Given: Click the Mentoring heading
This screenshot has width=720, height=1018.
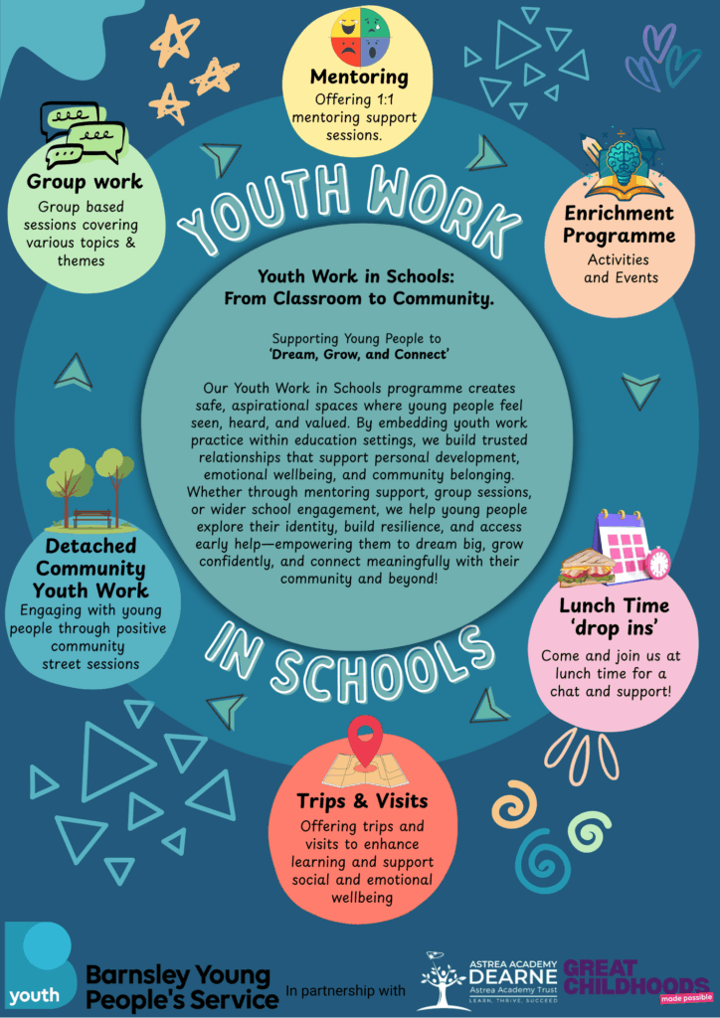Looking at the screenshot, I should (x=359, y=77).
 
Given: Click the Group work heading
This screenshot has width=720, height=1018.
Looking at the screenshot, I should (x=85, y=182).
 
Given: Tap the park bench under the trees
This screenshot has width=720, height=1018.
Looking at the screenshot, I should (x=91, y=518).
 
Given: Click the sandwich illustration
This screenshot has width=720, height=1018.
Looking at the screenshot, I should (x=587, y=568).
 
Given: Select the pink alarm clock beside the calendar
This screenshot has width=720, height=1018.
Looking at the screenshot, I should (x=657, y=563).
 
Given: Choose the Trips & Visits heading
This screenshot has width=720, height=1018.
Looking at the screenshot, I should (x=362, y=800).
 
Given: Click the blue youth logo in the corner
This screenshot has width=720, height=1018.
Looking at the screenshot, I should (x=40, y=965).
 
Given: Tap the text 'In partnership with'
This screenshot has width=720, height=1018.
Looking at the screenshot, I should (x=345, y=991).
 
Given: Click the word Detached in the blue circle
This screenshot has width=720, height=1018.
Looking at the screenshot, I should (x=90, y=546).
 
